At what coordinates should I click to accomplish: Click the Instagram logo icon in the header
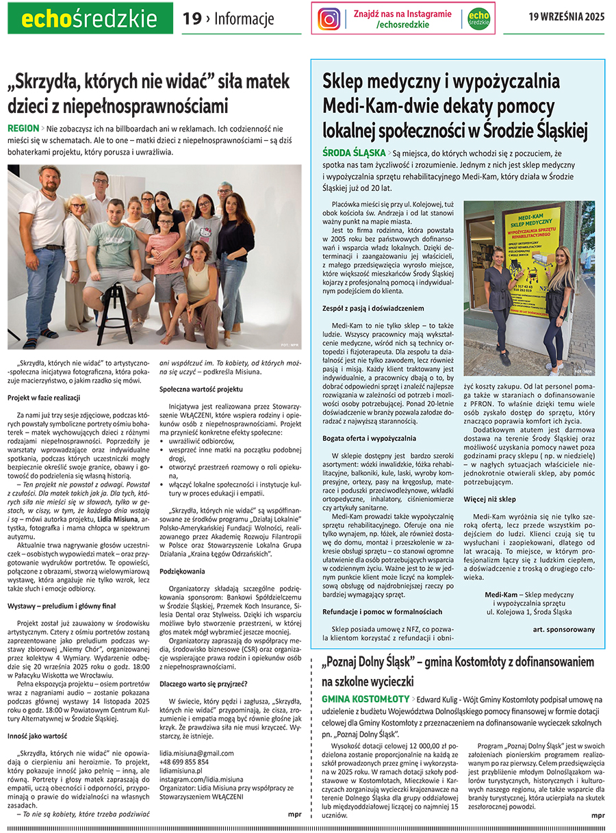coord(329,19)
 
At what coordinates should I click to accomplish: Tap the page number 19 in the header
coord(192,19)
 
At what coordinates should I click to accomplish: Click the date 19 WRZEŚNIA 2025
coord(567,18)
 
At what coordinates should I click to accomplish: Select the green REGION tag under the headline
coord(23,129)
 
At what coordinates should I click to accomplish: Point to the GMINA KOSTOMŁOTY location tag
coord(365,699)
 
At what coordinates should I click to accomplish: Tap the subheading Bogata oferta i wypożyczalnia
coord(369,437)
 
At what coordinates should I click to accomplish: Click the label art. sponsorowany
coord(563,629)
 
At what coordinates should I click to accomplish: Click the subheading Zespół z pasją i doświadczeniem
coord(373,309)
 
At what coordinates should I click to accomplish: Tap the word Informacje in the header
coord(244,19)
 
